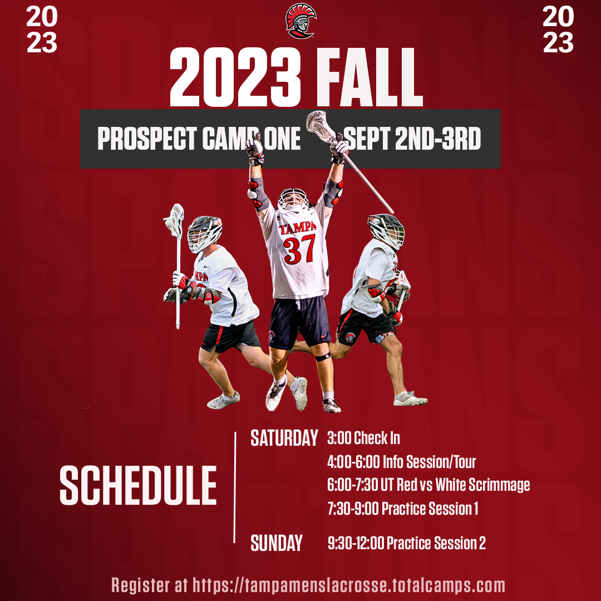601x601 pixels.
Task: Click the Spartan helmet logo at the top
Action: pos(300,21)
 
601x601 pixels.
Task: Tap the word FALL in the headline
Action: pos(367,77)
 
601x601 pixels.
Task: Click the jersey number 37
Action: pos(299,249)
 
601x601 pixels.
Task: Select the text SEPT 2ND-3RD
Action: pos(412,139)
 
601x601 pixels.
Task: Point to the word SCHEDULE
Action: pos(138,485)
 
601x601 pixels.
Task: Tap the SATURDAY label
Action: pos(284,438)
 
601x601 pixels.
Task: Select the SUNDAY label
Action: pos(277,543)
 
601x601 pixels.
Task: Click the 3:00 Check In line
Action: pos(364,438)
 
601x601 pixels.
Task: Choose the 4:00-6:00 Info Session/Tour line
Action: pos(401,461)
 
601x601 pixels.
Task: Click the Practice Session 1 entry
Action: pos(403,508)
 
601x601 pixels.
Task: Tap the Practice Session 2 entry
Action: pos(407,543)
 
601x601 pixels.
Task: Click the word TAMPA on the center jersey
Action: pos(298,229)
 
